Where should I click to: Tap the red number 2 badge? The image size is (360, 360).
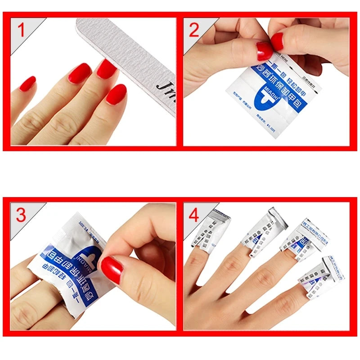(194, 31)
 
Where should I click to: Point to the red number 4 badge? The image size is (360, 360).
(194, 216)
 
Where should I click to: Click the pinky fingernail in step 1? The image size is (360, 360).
(27, 83)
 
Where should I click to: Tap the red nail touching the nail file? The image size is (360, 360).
(106, 68)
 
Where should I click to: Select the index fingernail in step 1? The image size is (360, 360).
(117, 94)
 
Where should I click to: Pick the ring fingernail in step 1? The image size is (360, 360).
(80, 72)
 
